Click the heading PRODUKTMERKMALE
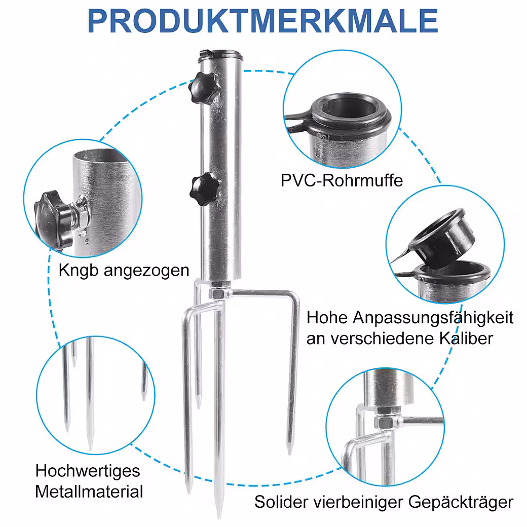(262, 21)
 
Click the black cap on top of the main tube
(220, 55)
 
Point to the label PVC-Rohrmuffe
(342, 180)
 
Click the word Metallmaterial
(89, 492)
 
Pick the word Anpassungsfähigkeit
(433, 318)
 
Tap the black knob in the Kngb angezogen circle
(54, 218)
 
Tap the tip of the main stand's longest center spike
(219, 517)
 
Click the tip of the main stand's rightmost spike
(289, 454)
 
